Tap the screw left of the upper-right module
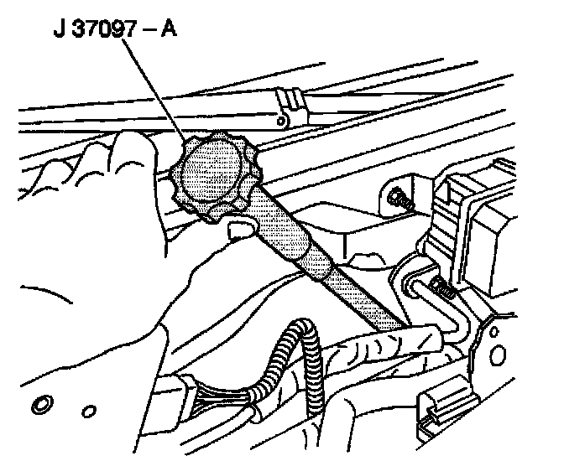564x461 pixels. tap(401, 201)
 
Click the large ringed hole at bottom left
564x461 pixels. tap(40, 408)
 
